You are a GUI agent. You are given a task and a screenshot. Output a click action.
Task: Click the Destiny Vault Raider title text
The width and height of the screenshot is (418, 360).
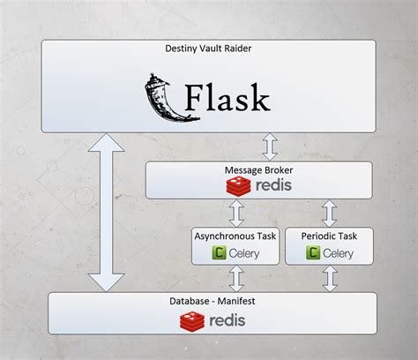click(x=208, y=49)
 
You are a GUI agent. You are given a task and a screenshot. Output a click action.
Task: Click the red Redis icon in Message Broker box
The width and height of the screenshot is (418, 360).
click(x=236, y=186)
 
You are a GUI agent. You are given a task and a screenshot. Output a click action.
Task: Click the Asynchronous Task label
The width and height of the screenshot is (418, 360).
click(x=235, y=236)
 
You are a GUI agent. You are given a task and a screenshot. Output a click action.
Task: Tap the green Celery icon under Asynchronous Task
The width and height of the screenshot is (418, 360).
click(x=217, y=253)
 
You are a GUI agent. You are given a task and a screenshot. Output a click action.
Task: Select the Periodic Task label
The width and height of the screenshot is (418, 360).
click(x=329, y=236)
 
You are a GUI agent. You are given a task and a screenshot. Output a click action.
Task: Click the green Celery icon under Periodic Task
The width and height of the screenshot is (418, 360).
click(x=313, y=253)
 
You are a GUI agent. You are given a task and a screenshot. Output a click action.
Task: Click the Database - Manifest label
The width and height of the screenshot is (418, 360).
click(x=211, y=302)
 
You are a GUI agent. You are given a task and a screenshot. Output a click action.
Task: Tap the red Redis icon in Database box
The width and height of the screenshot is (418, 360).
click(x=193, y=319)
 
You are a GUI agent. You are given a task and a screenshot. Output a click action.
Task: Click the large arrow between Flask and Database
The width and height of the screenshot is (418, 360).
click(x=107, y=212)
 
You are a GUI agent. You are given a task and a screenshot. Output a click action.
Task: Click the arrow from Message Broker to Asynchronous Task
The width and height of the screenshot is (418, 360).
click(x=235, y=213)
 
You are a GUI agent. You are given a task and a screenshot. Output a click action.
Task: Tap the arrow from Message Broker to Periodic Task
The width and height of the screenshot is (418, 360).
click(x=329, y=213)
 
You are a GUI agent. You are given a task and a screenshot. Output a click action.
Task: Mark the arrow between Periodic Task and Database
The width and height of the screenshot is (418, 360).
click(x=329, y=279)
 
